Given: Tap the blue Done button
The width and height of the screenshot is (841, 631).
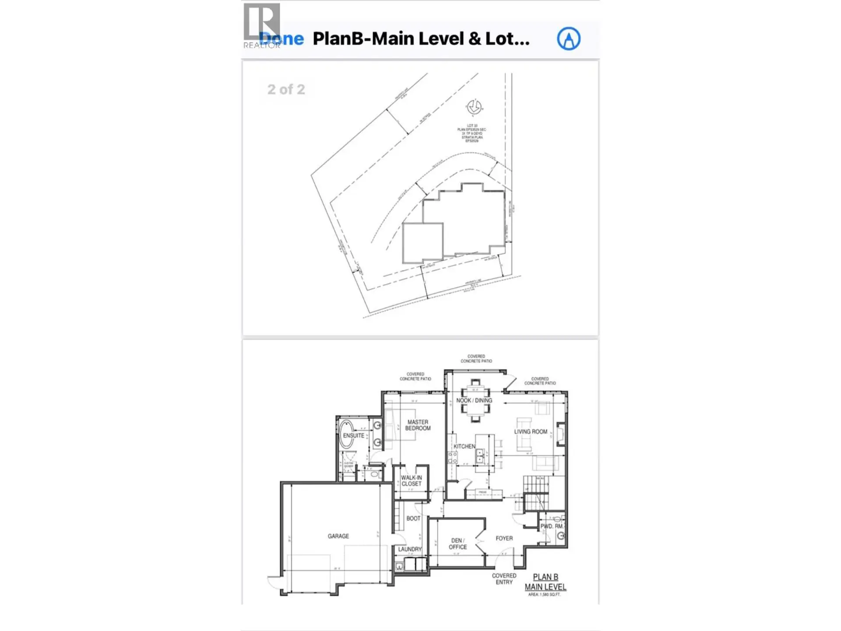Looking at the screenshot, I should tap(282, 39).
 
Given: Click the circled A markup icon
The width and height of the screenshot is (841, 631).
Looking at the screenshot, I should tap(569, 39).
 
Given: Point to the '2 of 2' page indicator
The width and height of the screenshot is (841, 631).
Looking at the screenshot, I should tap(286, 89).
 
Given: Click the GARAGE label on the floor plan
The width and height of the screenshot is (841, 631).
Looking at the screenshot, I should tap(338, 536).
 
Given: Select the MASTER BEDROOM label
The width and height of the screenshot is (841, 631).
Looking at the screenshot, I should tap(417, 425).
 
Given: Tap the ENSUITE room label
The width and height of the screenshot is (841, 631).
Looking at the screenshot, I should tap(353, 436).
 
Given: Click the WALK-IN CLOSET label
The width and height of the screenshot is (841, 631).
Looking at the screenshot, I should tap(411, 481).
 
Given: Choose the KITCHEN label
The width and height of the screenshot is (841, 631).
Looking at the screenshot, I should tap(464, 446).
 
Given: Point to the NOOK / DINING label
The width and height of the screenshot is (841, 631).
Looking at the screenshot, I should tap(474, 401).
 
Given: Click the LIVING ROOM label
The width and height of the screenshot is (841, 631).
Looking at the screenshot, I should tap(530, 432).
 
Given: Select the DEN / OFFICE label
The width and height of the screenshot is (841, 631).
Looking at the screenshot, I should tap(457, 544).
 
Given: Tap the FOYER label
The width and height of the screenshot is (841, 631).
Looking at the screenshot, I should tap(504, 538).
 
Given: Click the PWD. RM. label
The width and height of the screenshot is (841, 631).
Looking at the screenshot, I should tap(551, 526).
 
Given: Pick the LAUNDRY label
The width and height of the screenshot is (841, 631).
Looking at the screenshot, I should tap(410, 549).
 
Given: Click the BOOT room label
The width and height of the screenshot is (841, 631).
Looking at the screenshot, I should tap(413, 518).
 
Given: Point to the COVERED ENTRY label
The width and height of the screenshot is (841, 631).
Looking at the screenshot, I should tap(504, 579).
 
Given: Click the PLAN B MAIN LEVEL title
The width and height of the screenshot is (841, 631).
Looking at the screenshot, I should tap(545, 582).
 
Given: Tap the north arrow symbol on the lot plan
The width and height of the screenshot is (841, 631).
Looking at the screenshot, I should tap(474, 106).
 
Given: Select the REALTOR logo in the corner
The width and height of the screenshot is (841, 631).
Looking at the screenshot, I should tap(262, 25).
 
